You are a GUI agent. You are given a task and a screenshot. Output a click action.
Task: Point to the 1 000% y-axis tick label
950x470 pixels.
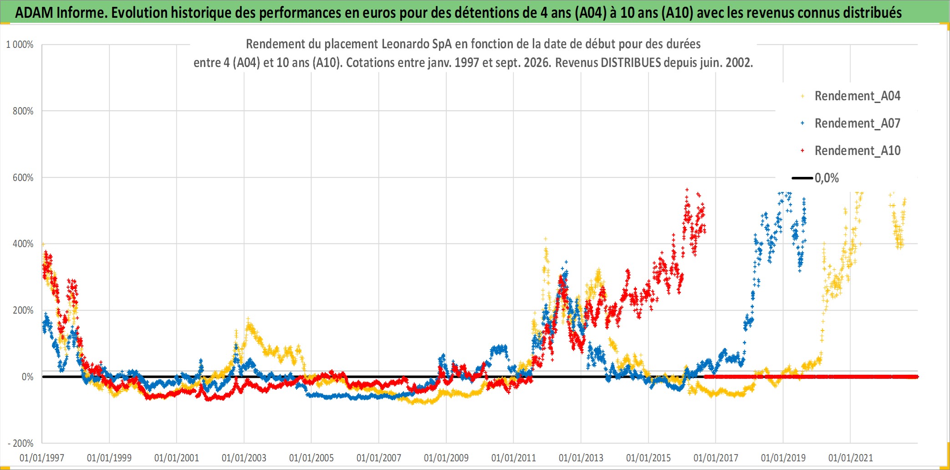click(x=20, y=45)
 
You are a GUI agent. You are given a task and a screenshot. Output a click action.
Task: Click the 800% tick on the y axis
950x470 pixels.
click(x=23, y=111)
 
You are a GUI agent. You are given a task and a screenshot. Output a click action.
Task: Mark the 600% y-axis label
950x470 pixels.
click(x=23, y=178)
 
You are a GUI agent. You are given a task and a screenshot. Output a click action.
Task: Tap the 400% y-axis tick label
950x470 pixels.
click(x=23, y=244)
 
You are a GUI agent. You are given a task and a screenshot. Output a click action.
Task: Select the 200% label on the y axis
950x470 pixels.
click(x=23, y=310)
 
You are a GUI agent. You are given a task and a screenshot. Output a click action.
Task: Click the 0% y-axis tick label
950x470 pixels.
click(x=27, y=377)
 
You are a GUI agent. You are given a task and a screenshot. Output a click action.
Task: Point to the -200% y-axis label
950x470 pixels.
click(x=20, y=443)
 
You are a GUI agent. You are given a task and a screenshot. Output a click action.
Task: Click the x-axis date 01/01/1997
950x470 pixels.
click(x=42, y=458)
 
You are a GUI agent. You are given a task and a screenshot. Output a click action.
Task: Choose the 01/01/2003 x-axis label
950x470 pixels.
click(x=244, y=458)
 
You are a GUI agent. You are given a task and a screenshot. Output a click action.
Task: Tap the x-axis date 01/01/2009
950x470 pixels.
click(x=446, y=458)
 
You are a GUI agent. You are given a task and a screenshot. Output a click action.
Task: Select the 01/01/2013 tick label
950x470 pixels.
click(x=581, y=458)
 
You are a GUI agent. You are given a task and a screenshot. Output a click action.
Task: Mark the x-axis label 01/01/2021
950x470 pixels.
click(x=851, y=458)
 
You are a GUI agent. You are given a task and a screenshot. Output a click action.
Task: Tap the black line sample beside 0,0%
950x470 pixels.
click(x=802, y=178)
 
